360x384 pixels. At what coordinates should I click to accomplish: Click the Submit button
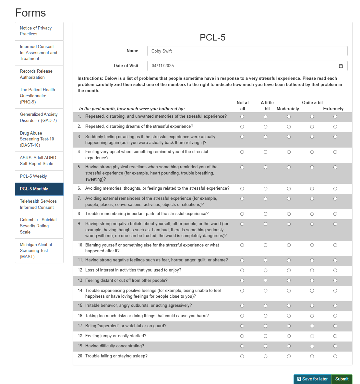point(342,379)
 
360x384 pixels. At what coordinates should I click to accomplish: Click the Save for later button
point(312,379)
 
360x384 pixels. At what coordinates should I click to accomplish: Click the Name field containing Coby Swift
point(247,51)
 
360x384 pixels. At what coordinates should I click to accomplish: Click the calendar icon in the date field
point(341,66)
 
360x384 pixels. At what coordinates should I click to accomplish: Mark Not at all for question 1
point(242,117)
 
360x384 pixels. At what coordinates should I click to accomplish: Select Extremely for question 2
point(335,127)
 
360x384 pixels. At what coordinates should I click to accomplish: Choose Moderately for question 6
point(289,189)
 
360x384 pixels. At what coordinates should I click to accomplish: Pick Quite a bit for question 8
point(312,214)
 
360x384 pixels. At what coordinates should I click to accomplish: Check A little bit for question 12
point(266,270)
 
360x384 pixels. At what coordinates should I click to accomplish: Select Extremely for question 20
point(335,356)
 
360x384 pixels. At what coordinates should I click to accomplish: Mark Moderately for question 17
point(289,326)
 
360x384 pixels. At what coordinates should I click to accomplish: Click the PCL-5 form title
point(212,38)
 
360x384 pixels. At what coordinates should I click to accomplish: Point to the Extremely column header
point(333,109)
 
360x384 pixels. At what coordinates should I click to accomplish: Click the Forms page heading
point(30,13)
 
